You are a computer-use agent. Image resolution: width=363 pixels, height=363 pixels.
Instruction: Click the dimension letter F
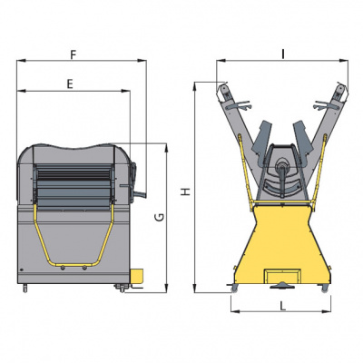[x=73, y=54]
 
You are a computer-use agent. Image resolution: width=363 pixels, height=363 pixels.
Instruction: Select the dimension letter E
[x=70, y=84]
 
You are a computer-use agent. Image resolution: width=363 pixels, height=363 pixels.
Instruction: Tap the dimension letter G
[x=161, y=217]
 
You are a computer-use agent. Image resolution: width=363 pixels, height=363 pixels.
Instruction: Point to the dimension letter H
[x=186, y=191]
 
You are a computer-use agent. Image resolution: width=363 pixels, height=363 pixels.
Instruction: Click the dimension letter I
[x=283, y=54]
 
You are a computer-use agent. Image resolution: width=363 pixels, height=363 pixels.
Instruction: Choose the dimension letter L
[x=282, y=307]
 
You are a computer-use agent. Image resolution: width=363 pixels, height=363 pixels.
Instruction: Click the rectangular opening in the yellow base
[x=282, y=276]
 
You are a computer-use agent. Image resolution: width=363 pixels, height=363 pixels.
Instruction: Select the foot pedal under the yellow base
[x=282, y=285]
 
